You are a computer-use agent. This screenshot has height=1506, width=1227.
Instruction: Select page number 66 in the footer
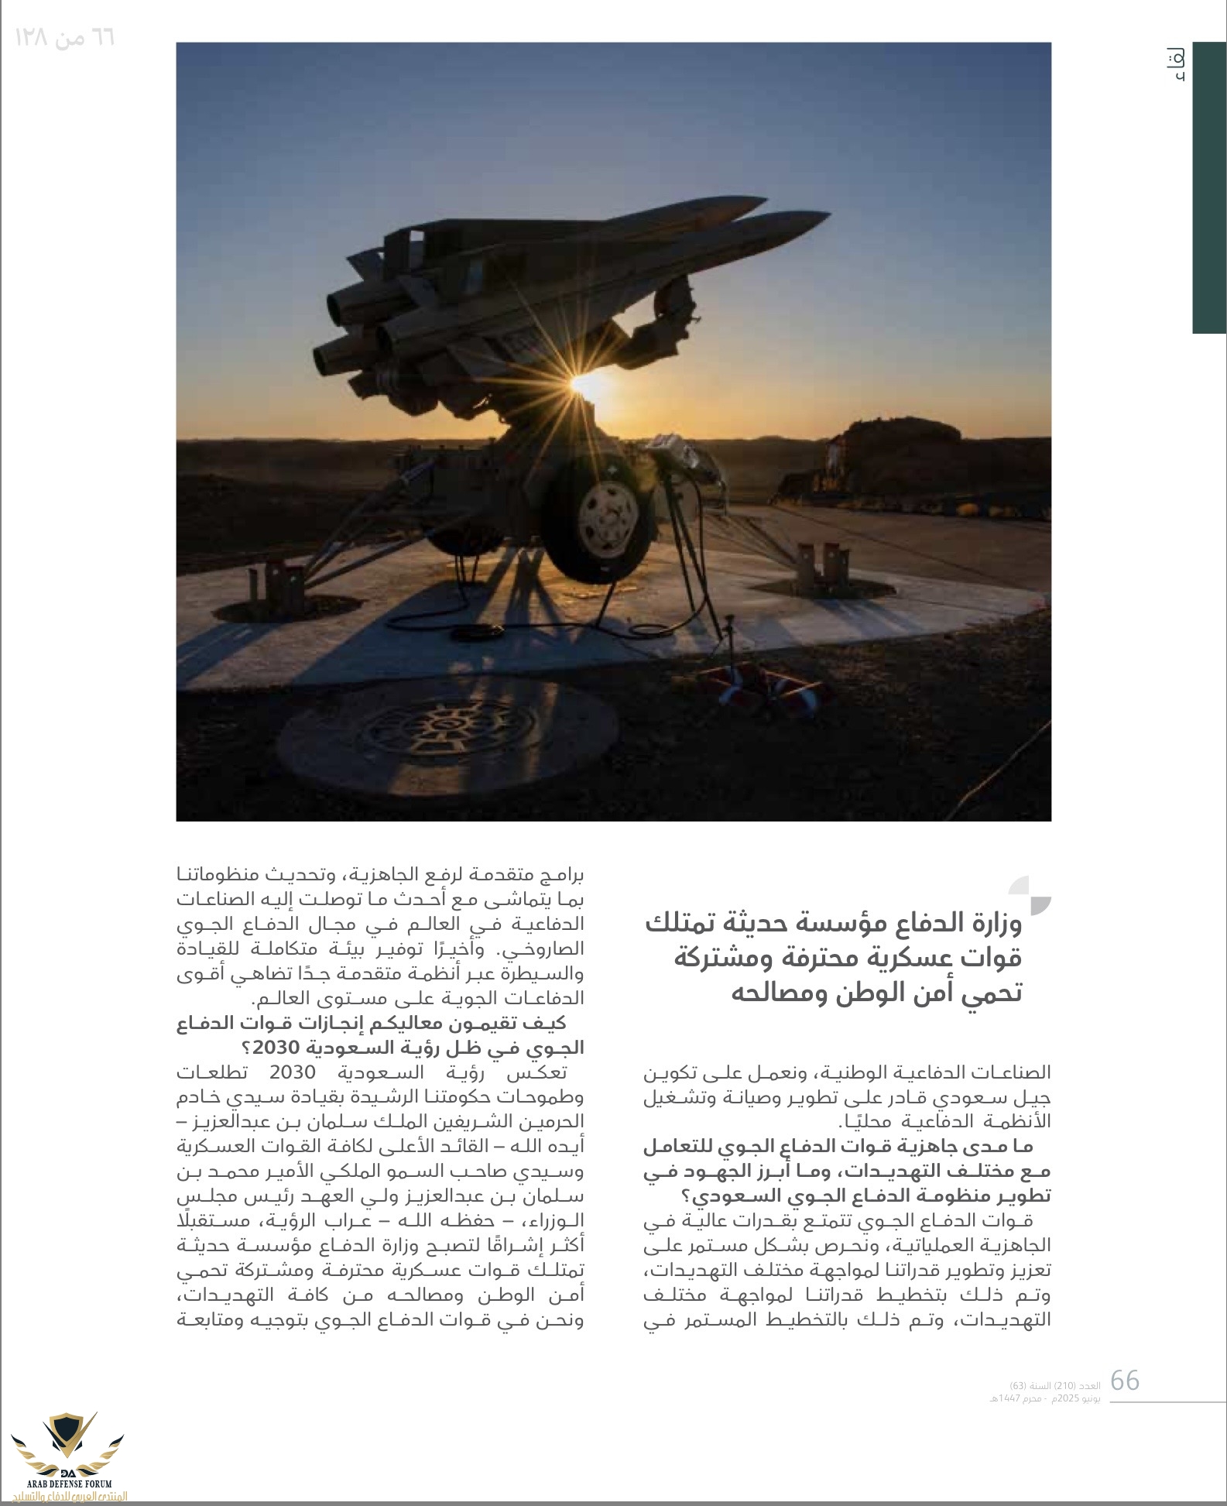(x=1125, y=1381)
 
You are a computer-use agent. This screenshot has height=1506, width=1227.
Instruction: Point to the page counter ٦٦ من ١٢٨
(x=65, y=36)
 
